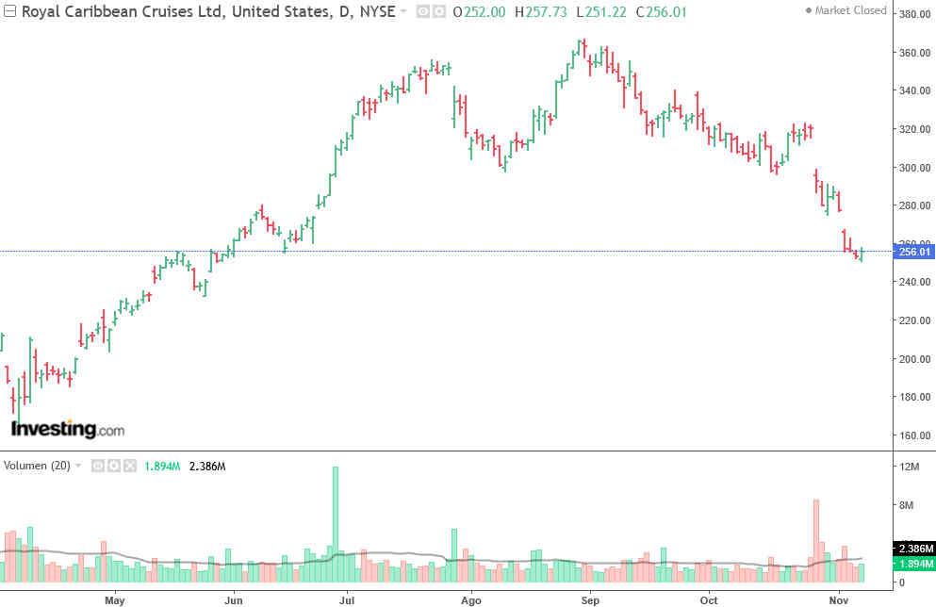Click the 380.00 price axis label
coord(913,14)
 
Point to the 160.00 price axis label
coord(913,435)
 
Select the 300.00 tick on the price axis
coord(913,168)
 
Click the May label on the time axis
coord(115,599)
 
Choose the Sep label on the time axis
coord(590,599)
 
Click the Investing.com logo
coord(67,429)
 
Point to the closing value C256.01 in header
coord(662,11)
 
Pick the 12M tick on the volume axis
coord(910,468)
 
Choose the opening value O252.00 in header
coord(479,11)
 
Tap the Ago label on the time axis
coord(471,599)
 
